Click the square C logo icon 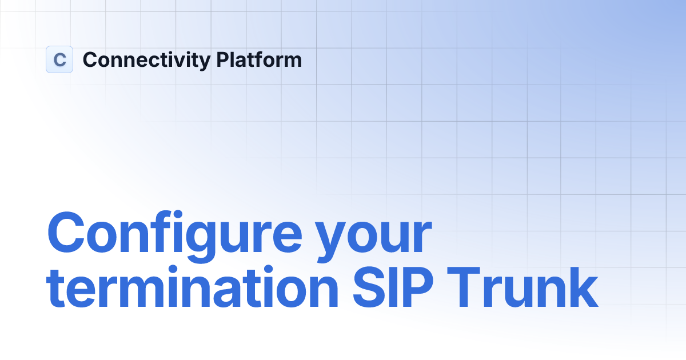tap(59, 59)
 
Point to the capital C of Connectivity tap(89, 59)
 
